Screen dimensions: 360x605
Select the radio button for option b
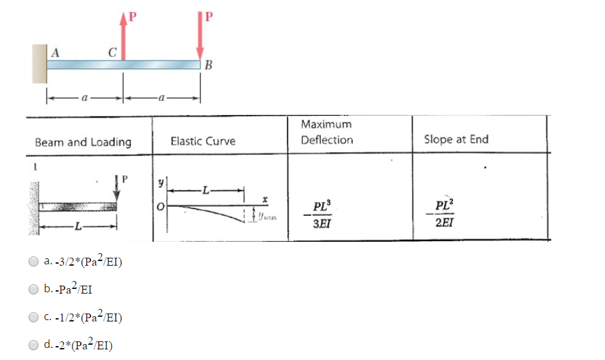(34, 289)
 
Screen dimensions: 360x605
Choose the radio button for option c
(34, 317)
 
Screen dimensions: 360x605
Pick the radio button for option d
(34, 345)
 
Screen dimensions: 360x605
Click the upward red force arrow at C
(123, 37)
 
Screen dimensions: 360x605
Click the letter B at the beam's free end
(209, 65)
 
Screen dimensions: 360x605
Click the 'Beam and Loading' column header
(83, 141)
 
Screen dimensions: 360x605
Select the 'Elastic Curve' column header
(203, 141)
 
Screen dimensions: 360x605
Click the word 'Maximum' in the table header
(325, 124)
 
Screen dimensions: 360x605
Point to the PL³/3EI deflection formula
(321, 217)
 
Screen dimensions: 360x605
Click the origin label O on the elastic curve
(160, 207)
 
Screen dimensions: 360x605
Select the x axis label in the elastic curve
(264, 197)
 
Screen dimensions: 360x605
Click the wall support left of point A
(39, 64)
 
